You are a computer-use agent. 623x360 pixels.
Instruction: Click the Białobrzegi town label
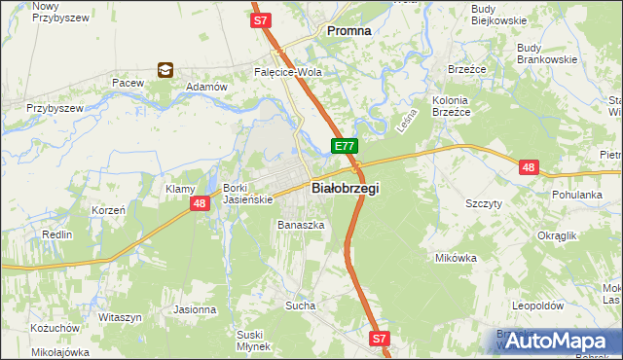tap(345, 188)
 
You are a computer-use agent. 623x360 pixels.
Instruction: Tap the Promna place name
tap(348, 30)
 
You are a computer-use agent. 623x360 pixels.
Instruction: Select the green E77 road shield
tap(345, 146)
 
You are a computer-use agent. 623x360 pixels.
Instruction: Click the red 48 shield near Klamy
tap(199, 203)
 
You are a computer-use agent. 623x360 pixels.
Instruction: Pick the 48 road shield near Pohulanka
tap(529, 167)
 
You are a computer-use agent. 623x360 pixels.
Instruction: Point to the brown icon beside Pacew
tap(165, 70)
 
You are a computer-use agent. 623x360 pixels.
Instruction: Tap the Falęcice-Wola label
tap(287, 72)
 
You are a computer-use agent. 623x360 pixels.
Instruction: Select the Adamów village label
tap(205, 87)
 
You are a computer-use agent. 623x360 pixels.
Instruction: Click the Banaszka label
tap(300, 225)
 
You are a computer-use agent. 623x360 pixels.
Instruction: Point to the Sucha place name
tap(301, 306)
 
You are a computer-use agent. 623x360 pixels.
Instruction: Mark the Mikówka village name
tap(456, 258)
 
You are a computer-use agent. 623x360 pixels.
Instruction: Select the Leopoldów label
tap(537, 305)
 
